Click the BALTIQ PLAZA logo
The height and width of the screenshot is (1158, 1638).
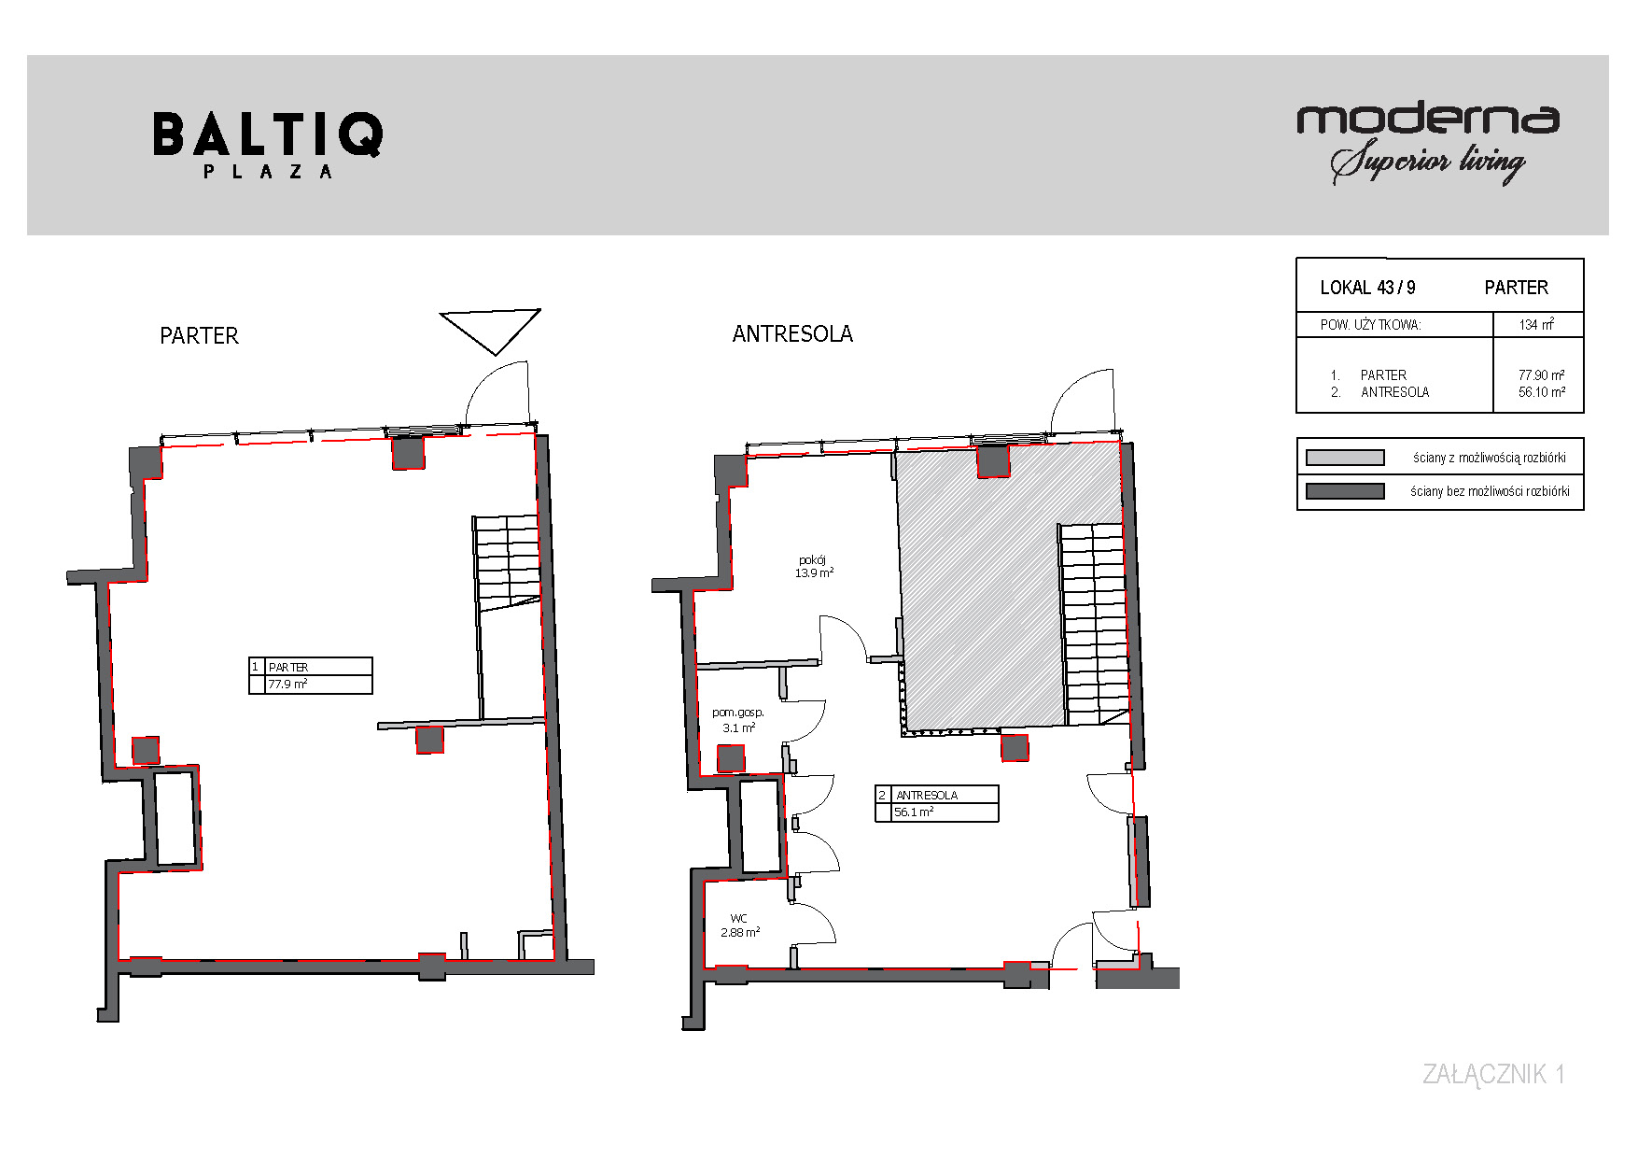pos(268,146)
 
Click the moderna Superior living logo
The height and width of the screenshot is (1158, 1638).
pos(1428,143)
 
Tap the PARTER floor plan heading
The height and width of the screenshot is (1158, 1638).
pos(199,336)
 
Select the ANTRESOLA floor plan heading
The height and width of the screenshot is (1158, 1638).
pos(792,334)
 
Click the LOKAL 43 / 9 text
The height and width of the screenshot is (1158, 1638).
pos(1367,288)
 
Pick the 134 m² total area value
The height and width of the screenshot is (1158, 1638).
pos(1536,324)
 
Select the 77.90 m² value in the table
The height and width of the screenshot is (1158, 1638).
pos(1542,374)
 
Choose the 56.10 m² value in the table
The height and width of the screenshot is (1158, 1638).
pos(1542,392)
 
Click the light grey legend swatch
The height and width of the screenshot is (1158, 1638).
pos(1345,458)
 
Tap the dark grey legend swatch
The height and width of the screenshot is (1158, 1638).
pos(1345,491)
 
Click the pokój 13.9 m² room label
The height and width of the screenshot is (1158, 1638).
pos(814,567)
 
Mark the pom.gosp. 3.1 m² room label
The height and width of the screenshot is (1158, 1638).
pos(738,720)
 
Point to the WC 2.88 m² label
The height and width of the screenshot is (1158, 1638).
pos(740,925)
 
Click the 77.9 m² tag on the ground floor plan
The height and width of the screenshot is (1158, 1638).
pos(287,685)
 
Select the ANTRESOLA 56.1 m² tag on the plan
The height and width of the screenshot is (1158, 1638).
pos(937,803)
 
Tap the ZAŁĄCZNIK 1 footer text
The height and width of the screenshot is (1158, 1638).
pos(1493,1074)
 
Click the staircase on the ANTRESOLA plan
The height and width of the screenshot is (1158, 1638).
pos(1094,624)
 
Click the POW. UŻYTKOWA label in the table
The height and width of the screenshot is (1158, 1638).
pos(1370,325)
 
